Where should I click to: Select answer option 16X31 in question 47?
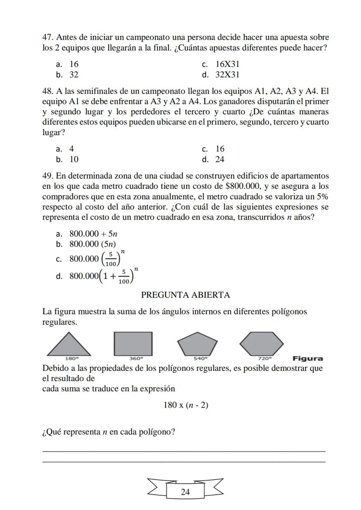228,65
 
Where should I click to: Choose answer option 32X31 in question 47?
228,75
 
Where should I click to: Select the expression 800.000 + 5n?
88,234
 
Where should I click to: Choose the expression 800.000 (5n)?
92,244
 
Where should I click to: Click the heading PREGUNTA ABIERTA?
185,295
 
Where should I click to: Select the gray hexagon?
262,343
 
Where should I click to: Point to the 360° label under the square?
136,359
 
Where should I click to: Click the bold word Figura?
308,359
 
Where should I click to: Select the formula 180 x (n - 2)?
186,405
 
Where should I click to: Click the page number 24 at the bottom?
185,492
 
